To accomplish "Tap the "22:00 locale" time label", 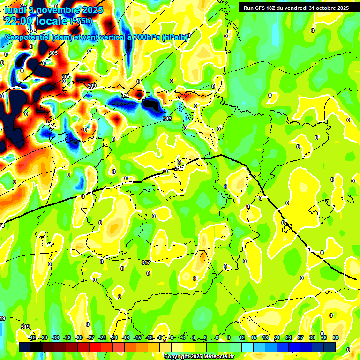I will click(36, 21).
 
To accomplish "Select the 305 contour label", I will click(53, 53).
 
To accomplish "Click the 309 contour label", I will click(92, 86).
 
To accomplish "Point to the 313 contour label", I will click(167, 119).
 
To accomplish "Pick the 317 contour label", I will click(146, 262).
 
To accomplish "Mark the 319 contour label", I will click(25, 327).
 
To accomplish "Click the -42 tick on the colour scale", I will click(32, 338).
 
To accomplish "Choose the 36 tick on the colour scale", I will click(336, 338).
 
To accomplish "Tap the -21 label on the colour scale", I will click(114, 338).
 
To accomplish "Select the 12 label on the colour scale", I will click(241, 338).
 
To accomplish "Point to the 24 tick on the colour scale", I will click(288, 338).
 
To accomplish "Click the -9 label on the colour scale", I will click(160, 338).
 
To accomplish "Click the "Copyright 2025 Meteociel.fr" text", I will click(199, 357).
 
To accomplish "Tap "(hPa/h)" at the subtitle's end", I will click(174, 37).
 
